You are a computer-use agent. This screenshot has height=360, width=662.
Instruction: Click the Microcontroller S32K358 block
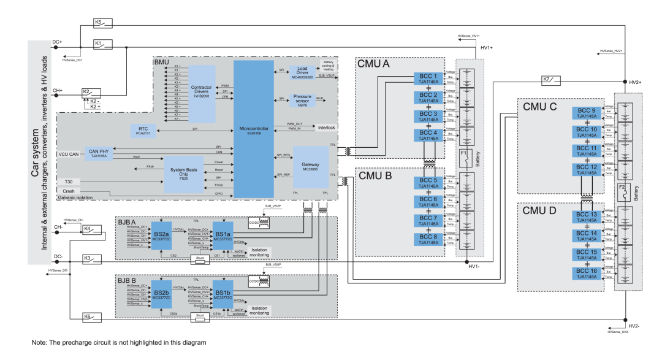(x=254, y=129)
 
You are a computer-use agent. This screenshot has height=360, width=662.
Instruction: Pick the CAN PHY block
(x=98, y=153)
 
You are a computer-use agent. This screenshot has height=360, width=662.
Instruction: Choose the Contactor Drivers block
(x=202, y=93)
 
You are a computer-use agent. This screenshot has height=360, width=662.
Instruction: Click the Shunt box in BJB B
(x=200, y=317)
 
